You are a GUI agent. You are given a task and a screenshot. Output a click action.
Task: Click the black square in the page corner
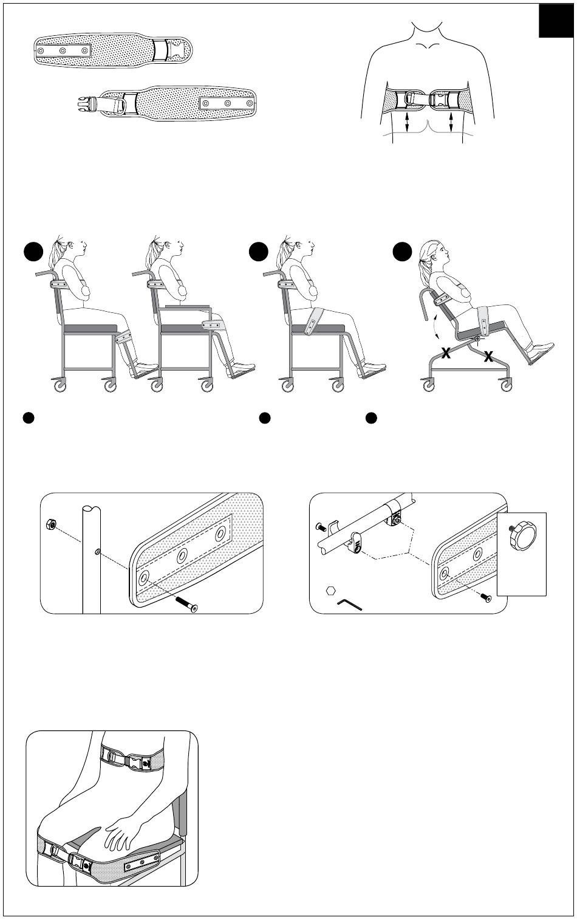[x=556, y=21]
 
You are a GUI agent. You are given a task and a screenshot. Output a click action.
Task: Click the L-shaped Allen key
[x=349, y=604]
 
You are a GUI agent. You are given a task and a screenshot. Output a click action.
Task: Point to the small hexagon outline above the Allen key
[x=331, y=591]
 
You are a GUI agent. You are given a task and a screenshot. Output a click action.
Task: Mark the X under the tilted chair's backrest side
[x=446, y=352]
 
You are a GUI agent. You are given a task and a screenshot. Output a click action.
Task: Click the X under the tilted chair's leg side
[x=488, y=357]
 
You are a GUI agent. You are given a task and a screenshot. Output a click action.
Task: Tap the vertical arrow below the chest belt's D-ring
[x=407, y=122]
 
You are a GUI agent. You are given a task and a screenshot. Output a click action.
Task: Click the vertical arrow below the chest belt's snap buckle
[x=451, y=122]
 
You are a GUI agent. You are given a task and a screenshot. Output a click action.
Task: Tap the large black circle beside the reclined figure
[x=402, y=252]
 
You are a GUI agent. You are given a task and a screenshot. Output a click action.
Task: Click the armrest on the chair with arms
[x=188, y=306]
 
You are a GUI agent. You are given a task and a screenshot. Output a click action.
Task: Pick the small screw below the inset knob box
[x=487, y=598]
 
